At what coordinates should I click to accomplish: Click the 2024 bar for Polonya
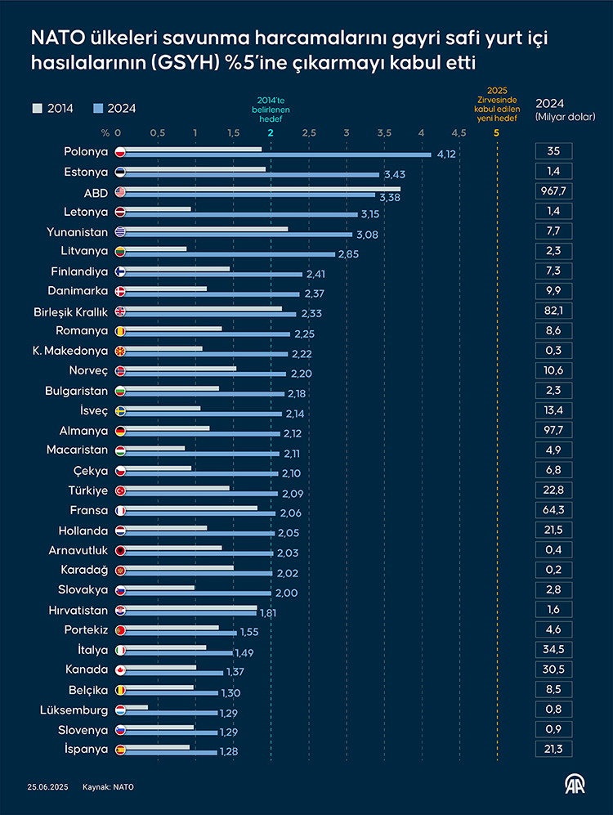(x=278, y=154)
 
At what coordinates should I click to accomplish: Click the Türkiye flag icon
(x=119, y=490)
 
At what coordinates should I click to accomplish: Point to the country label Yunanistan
(x=78, y=231)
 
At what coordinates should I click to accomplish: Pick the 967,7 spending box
(x=553, y=191)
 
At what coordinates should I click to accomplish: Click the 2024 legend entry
(x=114, y=108)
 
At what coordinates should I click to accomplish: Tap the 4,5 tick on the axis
(x=459, y=132)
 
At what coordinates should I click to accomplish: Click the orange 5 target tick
(x=497, y=132)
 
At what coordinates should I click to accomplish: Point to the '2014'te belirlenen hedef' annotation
(x=271, y=109)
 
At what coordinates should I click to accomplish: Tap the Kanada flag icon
(x=119, y=669)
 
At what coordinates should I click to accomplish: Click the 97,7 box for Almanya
(x=553, y=430)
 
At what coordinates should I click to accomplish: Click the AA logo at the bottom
(x=575, y=784)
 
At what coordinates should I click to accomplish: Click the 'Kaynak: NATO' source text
(x=108, y=787)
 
